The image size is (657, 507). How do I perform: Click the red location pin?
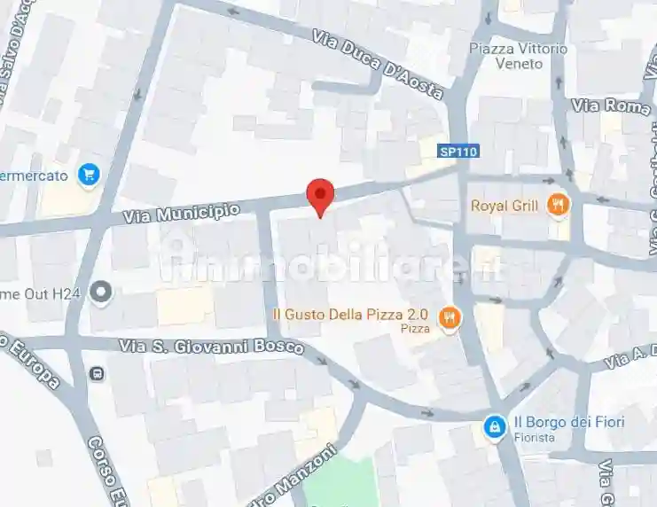pyautogui.click(x=320, y=195)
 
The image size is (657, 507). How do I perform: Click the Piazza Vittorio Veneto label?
pyautogui.click(x=515, y=57)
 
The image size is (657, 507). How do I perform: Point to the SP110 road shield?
pyautogui.click(x=458, y=152)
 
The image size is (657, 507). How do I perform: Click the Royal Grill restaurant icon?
pyautogui.click(x=558, y=206)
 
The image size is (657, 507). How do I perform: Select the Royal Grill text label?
pyautogui.click(x=504, y=207)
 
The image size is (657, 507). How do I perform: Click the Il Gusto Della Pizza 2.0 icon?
pyautogui.click(x=450, y=316)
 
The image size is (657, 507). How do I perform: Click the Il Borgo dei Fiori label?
pyautogui.click(x=568, y=422)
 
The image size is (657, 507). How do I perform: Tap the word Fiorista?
pyautogui.click(x=537, y=438)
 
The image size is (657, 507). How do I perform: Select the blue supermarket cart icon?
pyautogui.click(x=88, y=175)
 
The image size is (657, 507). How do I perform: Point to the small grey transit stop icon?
pyautogui.click(x=96, y=373)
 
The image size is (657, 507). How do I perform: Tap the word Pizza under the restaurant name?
pyautogui.click(x=416, y=330)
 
